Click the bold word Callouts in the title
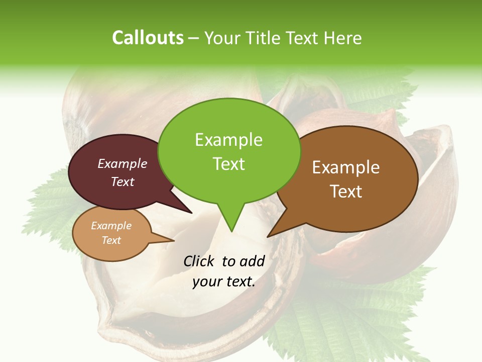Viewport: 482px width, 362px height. [x=148, y=38]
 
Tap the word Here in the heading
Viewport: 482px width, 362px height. [x=342, y=38]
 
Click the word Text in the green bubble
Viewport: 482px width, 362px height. [x=229, y=163]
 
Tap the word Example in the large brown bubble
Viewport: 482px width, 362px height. [x=346, y=167]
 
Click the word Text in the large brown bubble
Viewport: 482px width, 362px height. [x=346, y=191]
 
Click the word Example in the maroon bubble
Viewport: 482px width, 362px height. [x=123, y=164]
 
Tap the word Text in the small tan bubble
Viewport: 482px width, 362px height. [x=111, y=240]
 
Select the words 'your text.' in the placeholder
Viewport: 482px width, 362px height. [x=224, y=282]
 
